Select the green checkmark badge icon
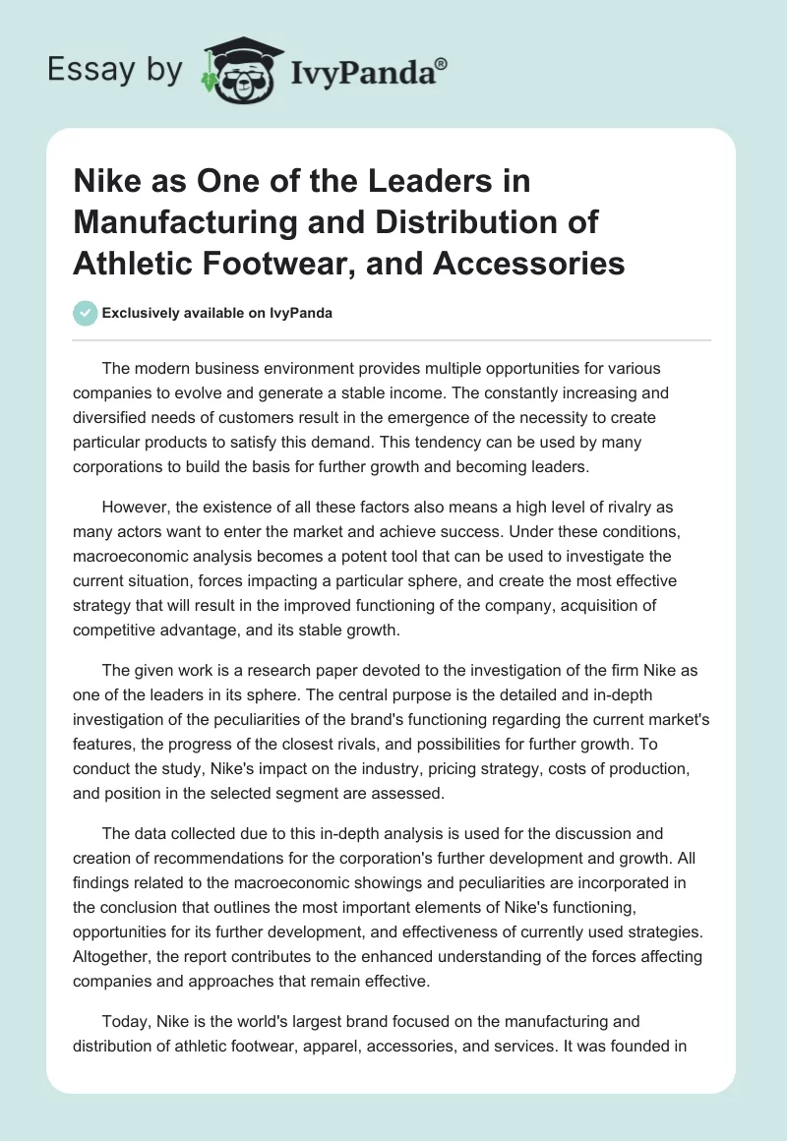pyautogui.click(x=85, y=314)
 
